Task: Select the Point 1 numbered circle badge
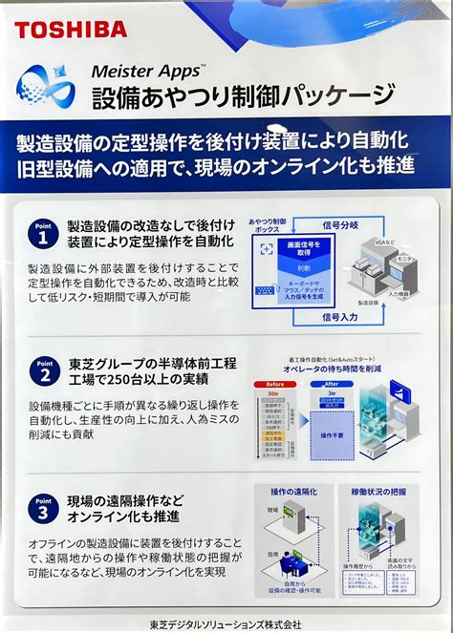tap(41, 232)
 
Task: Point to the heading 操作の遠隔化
tap(293, 492)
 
